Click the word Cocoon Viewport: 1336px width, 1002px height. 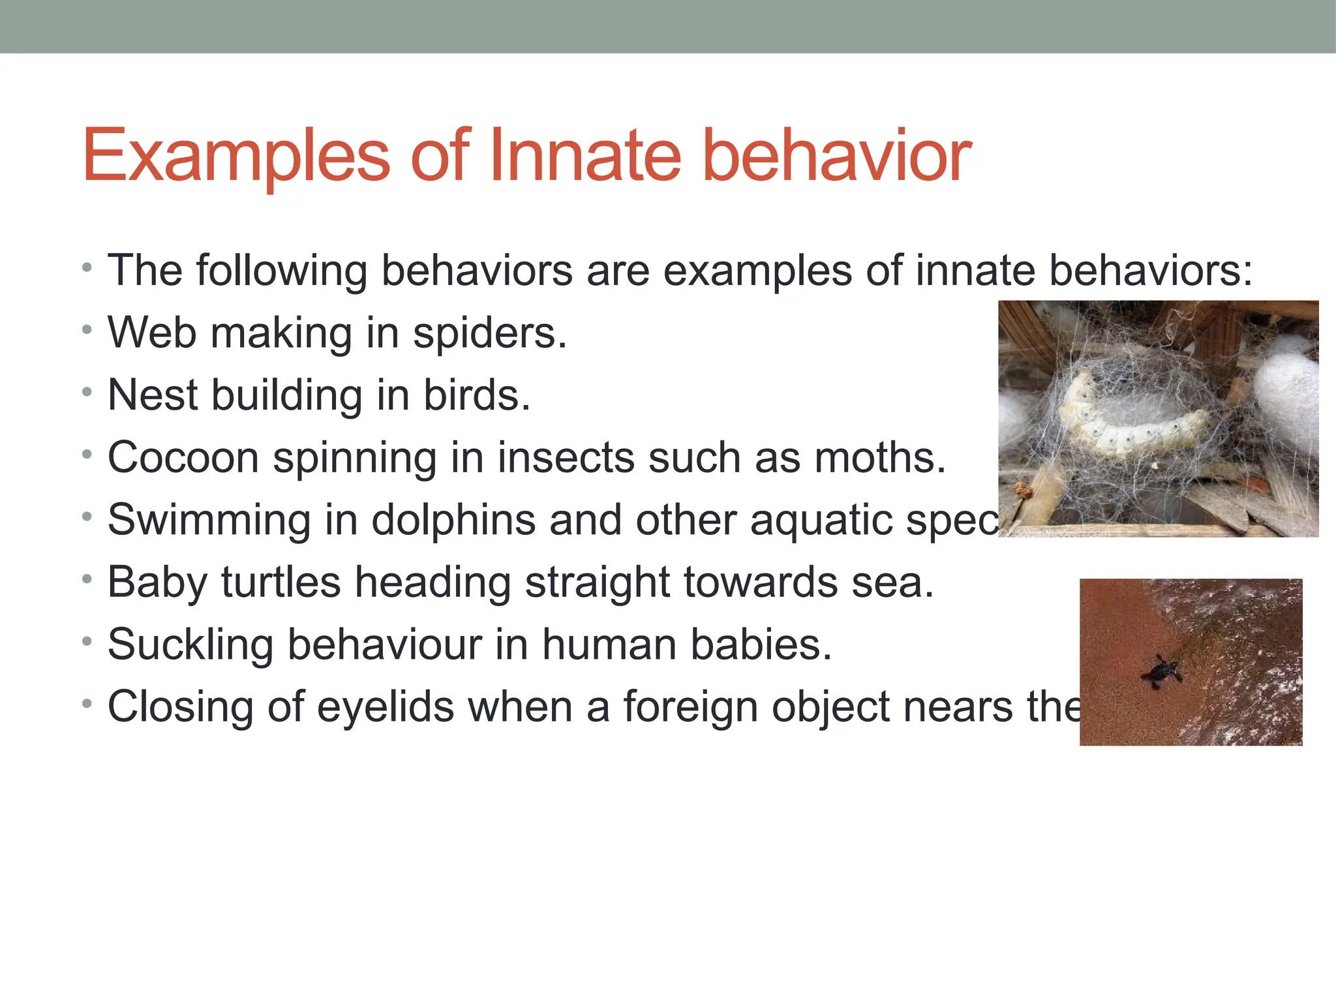tap(183, 457)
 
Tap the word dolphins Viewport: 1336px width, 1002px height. tap(453, 520)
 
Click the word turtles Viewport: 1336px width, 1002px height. tap(281, 582)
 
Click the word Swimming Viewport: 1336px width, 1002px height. tap(209, 520)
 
